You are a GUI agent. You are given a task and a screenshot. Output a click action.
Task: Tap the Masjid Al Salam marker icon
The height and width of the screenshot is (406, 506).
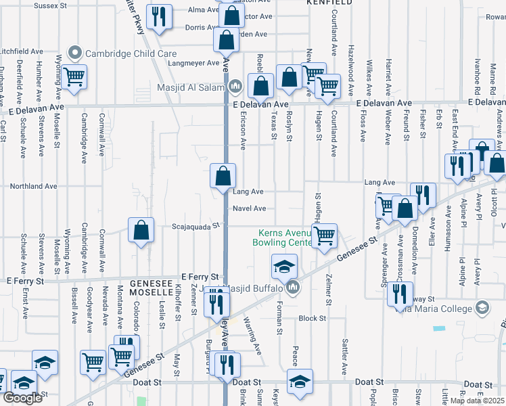[x=235, y=86]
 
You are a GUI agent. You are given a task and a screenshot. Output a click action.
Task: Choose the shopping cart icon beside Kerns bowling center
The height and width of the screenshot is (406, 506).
[x=325, y=235]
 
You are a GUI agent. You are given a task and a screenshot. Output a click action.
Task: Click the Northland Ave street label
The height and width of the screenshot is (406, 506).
[x=33, y=186]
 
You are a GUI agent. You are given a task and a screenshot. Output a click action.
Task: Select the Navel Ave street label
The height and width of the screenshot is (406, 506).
[x=249, y=208]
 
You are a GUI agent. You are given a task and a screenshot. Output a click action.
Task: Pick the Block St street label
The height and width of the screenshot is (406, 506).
[x=313, y=317]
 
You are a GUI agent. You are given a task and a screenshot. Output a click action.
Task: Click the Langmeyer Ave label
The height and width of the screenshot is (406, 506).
[x=194, y=63]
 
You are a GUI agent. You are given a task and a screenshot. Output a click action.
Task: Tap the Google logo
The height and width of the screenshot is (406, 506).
[x=22, y=398]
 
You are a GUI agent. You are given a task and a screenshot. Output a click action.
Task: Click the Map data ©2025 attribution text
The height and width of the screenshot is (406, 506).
[x=477, y=401]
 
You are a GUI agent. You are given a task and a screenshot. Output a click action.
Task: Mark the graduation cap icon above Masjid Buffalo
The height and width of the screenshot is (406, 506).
[x=285, y=265]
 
